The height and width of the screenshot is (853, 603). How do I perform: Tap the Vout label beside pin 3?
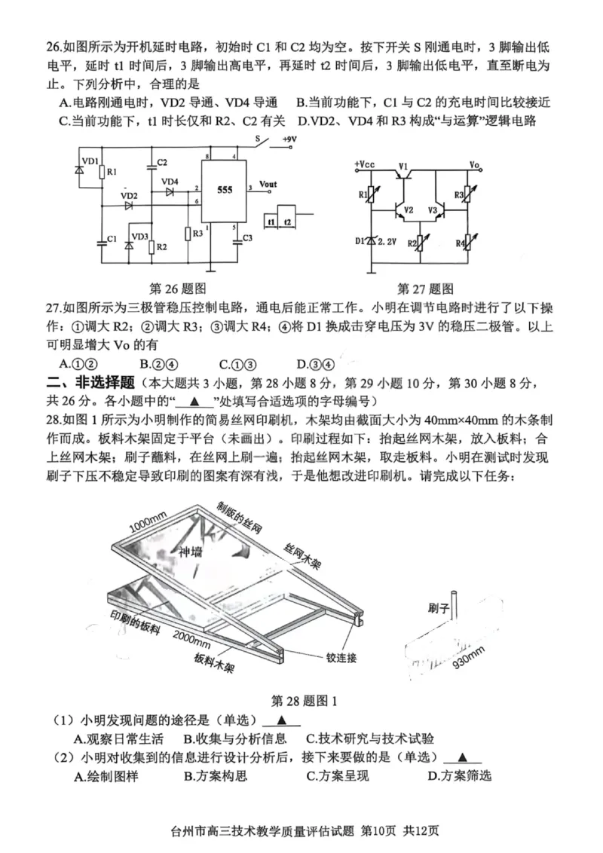(x=268, y=184)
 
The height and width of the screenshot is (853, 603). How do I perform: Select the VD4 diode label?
(x=170, y=182)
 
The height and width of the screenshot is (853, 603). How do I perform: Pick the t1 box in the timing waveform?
(x=270, y=221)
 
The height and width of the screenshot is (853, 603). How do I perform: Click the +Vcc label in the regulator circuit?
(x=364, y=164)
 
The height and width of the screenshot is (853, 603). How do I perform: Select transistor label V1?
(x=403, y=166)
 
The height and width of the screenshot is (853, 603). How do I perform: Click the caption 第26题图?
(x=179, y=288)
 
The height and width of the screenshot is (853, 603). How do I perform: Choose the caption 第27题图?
(x=425, y=288)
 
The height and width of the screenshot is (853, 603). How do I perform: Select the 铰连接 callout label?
(x=341, y=657)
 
